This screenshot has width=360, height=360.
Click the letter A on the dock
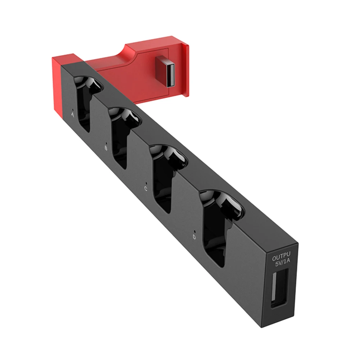pos(73,115)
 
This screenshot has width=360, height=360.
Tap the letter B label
pos(106,148)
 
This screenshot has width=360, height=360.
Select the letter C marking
pos(146,188)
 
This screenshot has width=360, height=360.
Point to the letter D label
pos(194,237)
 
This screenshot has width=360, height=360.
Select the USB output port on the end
pos(278,289)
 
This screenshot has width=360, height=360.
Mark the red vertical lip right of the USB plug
pos(184,70)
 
